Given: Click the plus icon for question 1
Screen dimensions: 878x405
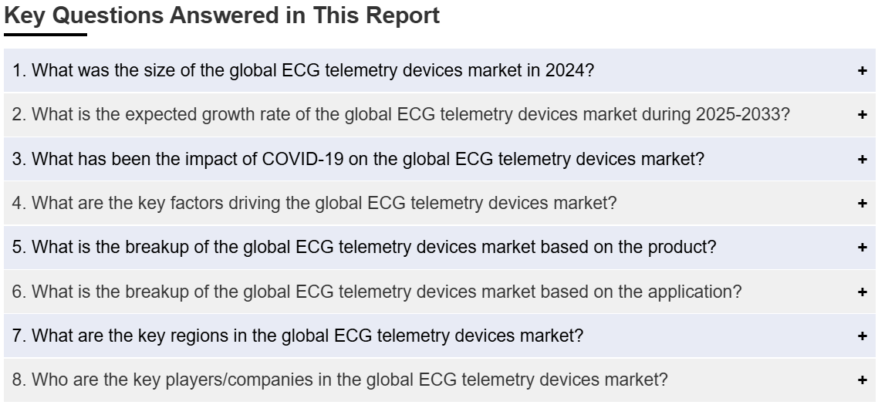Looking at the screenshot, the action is coord(862,70).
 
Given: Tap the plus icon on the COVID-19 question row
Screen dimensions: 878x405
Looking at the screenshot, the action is coord(862,159).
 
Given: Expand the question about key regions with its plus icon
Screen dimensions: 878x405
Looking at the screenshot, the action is coord(862,336).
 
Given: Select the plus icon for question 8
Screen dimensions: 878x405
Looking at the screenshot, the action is coord(862,380).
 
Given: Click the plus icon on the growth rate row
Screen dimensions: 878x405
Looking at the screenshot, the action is coord(862,115).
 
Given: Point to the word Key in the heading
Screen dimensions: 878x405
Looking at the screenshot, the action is coord(25,15).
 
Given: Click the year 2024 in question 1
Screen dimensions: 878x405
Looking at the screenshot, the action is coord(565,70).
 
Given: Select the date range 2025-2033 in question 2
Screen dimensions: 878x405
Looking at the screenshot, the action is coord(738,114).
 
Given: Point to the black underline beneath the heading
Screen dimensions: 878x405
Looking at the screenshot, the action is coord(46,35).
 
